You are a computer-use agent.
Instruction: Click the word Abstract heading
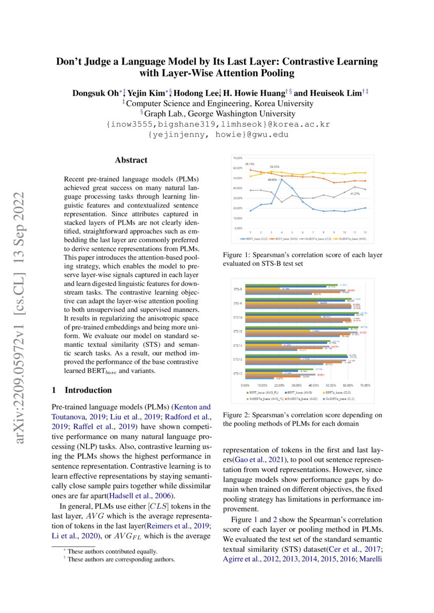pos(131,160)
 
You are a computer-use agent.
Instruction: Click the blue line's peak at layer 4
pos(282,179)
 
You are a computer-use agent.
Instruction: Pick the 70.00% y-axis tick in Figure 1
pos(237,158)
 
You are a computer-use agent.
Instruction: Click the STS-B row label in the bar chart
pos(238,289)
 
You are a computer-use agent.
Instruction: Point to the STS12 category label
pos(238,373)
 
